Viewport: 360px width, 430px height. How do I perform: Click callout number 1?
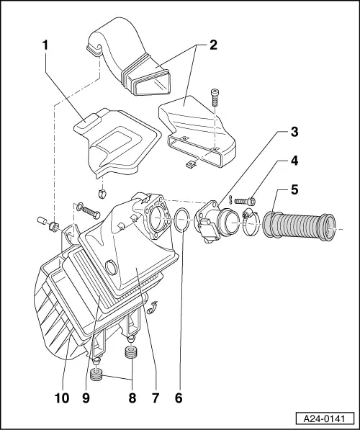pyautogui.click(x=45, y=44)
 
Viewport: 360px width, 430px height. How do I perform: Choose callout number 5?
pyautogui.click(x=294, y=191)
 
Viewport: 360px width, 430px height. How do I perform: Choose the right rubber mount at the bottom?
pyautogui.click(x=132, y=354)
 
